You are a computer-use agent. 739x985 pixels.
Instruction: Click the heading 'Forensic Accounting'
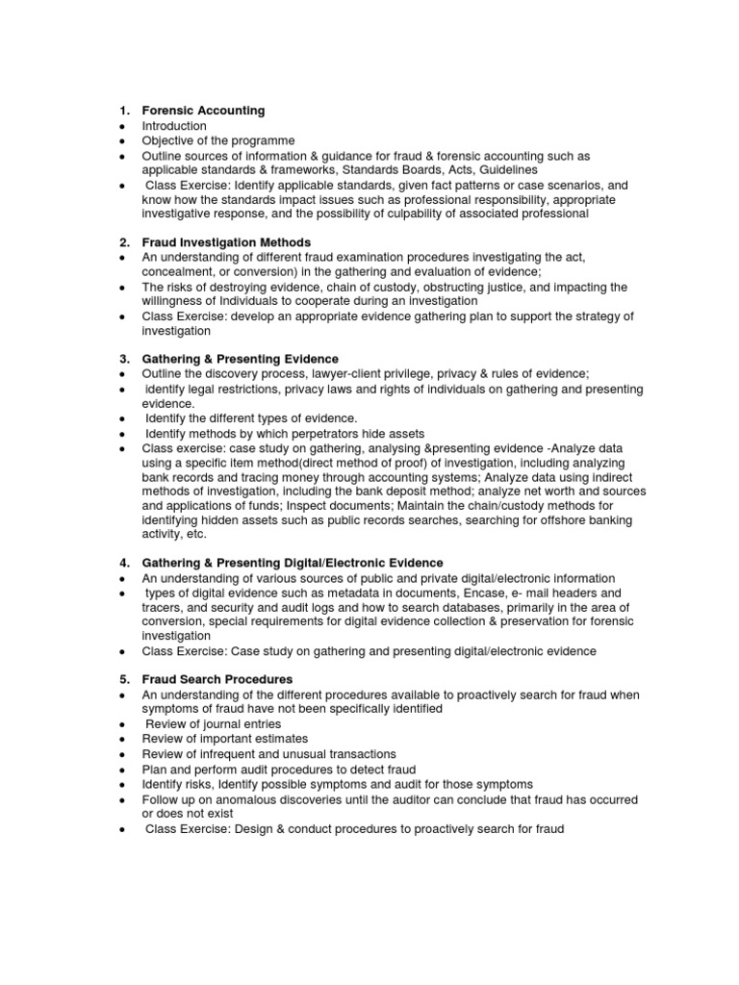203,111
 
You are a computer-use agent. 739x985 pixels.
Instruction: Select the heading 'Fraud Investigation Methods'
226,242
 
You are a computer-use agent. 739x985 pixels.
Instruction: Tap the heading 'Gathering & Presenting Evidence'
240,359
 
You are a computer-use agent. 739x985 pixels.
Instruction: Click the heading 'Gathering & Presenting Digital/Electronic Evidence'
293,563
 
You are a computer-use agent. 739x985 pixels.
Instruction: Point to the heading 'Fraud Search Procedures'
217,679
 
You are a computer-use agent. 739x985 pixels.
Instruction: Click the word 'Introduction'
174,126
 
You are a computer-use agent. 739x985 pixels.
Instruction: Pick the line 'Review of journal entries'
214,724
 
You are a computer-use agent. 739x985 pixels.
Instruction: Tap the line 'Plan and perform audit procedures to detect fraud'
279,770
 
